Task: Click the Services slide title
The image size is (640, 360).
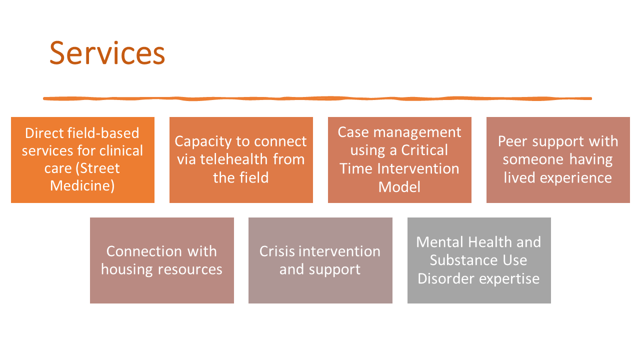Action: (107, 53)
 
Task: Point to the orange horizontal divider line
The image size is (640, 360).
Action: (317, 98)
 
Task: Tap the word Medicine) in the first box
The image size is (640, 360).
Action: (82, 186)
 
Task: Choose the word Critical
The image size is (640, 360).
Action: (424, 150)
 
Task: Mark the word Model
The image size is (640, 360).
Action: (399, 187)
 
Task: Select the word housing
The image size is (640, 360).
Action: (127, 269)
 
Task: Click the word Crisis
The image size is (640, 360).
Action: (277, 251)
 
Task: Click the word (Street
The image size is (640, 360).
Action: (97, 168)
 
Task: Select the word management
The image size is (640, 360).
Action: (417, 132)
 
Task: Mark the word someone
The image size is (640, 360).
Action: (533, 159)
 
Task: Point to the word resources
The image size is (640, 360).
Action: (190, 269)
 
